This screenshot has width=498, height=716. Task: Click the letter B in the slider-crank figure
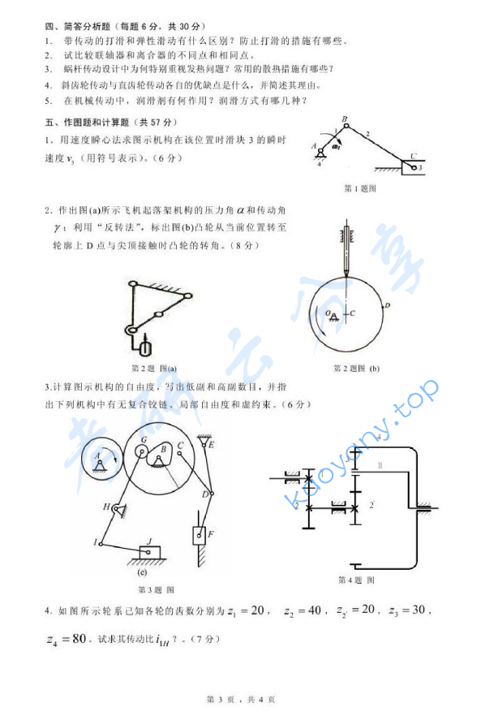[x=345, y=119]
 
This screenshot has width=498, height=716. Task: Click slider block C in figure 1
[x=413, y=167]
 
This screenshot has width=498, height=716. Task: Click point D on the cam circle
[x=388, y=305]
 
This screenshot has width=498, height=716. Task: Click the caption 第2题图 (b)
[x=356, y=368]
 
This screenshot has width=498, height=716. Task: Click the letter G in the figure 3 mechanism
[x=143, y=441]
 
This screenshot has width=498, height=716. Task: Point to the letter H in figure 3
[x=105, y=507]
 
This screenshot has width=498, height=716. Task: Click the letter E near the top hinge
[x=211, y=444]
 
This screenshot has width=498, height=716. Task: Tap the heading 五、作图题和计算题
[x=89, y=123]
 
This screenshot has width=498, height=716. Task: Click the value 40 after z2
[x=310, y=610]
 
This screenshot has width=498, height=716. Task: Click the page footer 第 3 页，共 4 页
[x=242, y=699]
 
